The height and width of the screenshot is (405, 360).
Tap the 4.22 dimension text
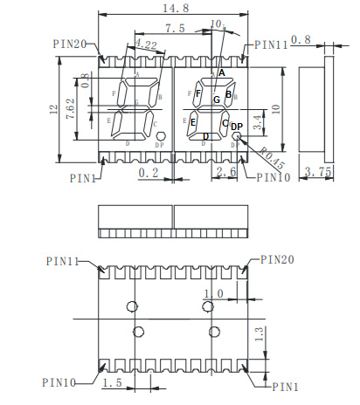(x=146, y=45)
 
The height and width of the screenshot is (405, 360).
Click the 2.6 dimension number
(x=226, y=174)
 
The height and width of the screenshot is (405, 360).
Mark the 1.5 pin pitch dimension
(x=112, y=384)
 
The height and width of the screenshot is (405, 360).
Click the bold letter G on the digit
(x=215, y=101)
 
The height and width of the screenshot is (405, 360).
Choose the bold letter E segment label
(x=193, y=122)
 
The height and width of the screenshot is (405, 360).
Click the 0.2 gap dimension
(x=149, y=174)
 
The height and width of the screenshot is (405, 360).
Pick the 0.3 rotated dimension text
(x=85, y=80)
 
